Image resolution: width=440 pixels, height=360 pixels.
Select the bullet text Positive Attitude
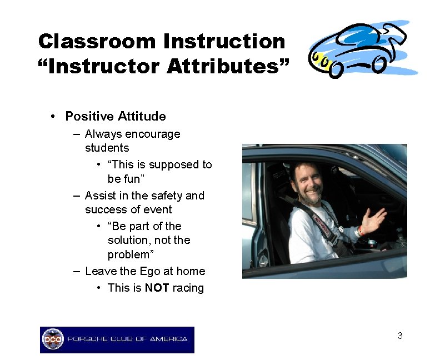[x=116, y=116]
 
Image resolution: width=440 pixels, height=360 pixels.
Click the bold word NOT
[x=157, y=288]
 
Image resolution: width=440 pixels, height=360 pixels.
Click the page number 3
[x=400, y=336]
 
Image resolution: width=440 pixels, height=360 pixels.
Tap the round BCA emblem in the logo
[x=53, y=339]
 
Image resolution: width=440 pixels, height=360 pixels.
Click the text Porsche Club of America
[x=127, y=339]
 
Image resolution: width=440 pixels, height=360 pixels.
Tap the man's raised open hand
[x=373, y=219]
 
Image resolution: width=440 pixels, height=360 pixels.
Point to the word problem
[x=129, y=254]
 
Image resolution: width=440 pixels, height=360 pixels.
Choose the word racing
[x=188, y=288]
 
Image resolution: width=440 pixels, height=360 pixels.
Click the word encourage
[x=153, y=134]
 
